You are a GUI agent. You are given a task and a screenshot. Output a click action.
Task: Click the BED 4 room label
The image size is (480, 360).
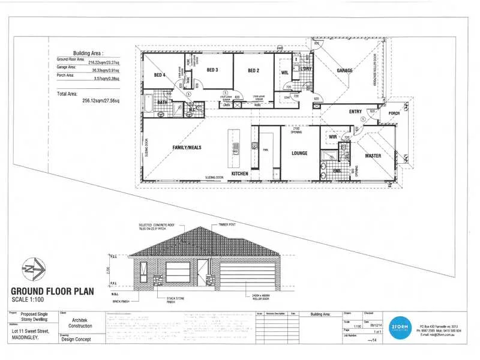click(x=159, y=75)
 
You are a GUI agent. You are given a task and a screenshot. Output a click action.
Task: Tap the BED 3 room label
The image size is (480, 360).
click(x=212, y=70)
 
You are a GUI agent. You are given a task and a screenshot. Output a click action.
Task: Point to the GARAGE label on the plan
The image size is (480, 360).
click(x=344, y=71)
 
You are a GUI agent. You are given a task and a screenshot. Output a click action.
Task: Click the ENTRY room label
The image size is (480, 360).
click(x=355, y=112)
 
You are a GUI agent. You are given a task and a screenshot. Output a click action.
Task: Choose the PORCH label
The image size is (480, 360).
click(x=394, y=113)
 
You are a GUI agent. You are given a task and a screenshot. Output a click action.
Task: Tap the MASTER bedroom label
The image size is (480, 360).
click(x=373, y=156)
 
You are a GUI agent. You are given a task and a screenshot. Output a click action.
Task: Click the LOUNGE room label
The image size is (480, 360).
click(x=299, y=154)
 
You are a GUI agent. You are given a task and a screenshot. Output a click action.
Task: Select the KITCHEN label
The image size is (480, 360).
click(x=240, y=173)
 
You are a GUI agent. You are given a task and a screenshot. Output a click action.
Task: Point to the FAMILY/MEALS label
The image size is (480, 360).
click(x=187, y=147)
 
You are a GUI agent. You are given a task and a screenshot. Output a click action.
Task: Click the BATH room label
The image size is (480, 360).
click(x=162, y=103)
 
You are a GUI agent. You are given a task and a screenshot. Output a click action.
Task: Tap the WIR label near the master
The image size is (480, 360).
click(x=333, y=137)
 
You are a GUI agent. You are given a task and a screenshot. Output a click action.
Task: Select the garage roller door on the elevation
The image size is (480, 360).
click(x=250, y=274)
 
